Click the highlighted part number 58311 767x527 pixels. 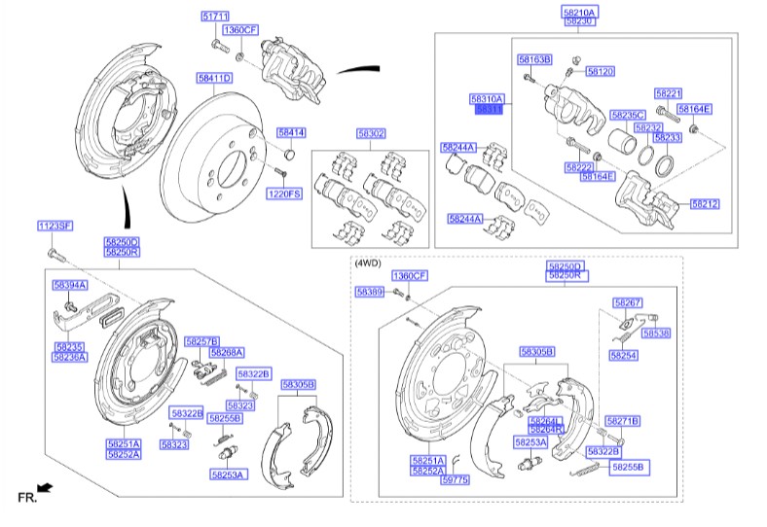tap(488, 110)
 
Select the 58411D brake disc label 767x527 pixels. tap(213, 77)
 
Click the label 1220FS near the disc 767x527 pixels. tap(285, 194)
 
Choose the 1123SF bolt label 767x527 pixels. tap(55, 226)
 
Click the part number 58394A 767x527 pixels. tap(70, 285)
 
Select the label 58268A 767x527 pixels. tap(227, 352)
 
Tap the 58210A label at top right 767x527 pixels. tap(580, 11)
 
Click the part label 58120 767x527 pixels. tap(600, 72)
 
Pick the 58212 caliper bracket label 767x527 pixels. tap(706, 204)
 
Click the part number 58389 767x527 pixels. tap(370, 292)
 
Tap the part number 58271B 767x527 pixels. tap(622, 421)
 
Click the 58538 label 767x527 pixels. tap(656, 333)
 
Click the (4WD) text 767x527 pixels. tap(369, 263)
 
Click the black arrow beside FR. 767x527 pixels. tap(45, 486)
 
